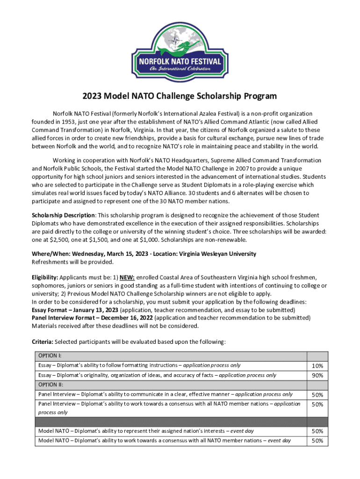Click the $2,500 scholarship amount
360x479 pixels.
pos(56,240)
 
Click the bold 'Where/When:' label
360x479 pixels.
pos(51,254)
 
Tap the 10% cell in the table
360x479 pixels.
pos(317,366)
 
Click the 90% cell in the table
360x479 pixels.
pos(317,376)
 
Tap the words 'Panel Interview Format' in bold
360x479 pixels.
pos(66,318)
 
